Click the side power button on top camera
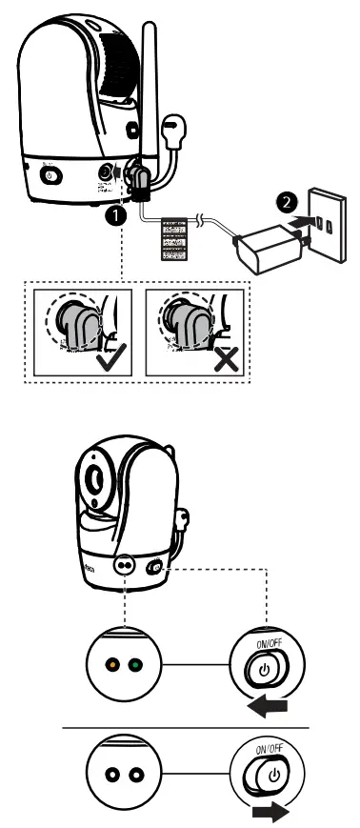[50, 175]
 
